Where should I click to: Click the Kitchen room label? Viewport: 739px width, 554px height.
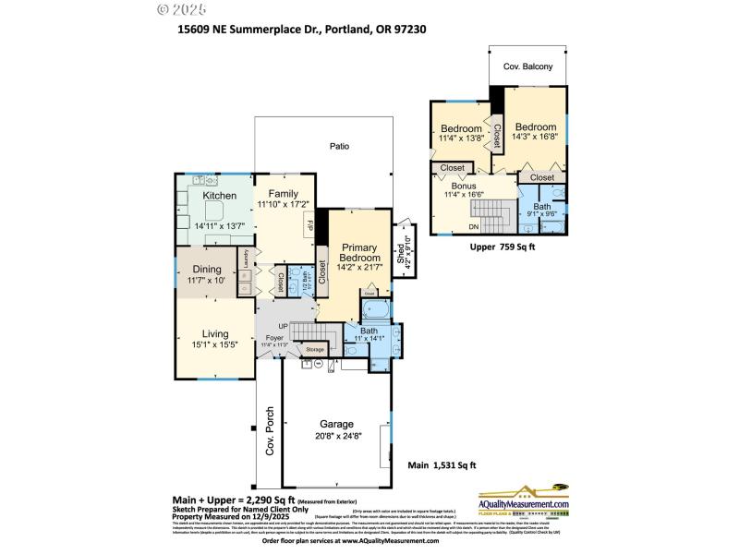(220, 196)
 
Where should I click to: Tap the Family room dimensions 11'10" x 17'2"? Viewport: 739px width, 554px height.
(284, 204)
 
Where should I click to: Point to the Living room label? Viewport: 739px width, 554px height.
(215, 333)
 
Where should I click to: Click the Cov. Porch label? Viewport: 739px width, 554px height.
(271, 431)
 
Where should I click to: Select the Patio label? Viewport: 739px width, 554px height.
(339, 146)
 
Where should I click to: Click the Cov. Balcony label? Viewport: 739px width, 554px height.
(527, 66)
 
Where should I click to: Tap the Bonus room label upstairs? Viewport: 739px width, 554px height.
(464, 185)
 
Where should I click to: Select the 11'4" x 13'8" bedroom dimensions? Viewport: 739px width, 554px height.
(461, 138)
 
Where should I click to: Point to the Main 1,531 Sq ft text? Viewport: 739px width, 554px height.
(442, 466)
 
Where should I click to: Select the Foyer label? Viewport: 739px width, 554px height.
(274, 338)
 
